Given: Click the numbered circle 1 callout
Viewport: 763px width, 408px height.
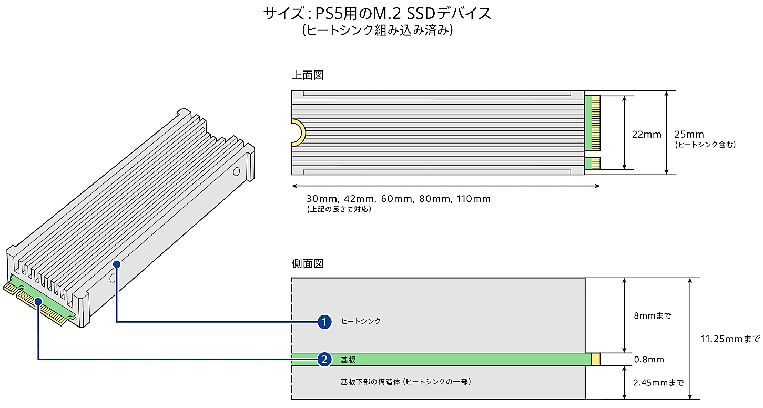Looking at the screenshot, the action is [x=324, y=322].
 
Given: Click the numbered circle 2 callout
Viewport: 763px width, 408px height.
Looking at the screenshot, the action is [x=324, y=359].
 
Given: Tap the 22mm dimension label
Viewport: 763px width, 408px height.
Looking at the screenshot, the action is [x=646, y=135].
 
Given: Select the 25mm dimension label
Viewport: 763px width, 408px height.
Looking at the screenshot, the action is [x=689, y=134].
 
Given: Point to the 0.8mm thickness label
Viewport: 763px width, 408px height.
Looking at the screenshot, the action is [x=649, y=360].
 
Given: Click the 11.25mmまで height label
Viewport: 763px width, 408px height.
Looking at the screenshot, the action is [x=730, y=339].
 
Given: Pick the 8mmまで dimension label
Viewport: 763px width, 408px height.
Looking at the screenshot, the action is [x=652, y=315].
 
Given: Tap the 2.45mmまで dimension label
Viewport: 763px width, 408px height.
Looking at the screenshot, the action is [x=658, y=383].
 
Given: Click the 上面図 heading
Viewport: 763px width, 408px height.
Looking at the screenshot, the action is [x=308, y=75].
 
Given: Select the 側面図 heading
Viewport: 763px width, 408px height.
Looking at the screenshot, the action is [x=308, y=263].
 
